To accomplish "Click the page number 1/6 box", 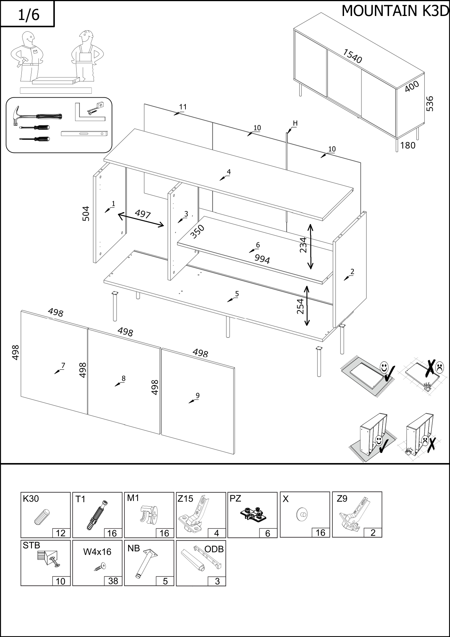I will (28, 14).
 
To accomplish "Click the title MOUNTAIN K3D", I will (395, 11).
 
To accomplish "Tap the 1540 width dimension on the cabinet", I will (352, 56).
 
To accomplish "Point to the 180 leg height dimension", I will (408, 145).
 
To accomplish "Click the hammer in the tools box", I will (36, 115).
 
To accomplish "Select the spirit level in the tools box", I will (84, 134).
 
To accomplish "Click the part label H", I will (295, 123).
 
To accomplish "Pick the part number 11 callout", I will (183, 107).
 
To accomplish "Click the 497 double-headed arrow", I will (141, 220).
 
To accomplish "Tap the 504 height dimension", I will (86, 214).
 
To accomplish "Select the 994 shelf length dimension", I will (262, 259).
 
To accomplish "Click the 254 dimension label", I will (300, 306).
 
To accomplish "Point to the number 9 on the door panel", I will (197, 395).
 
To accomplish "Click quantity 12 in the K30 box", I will (61, 533).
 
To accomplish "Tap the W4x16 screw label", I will (97, 552).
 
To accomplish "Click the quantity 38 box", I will (113, 581).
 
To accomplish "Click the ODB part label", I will (214, 549).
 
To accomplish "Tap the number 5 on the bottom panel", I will (237, 294).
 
